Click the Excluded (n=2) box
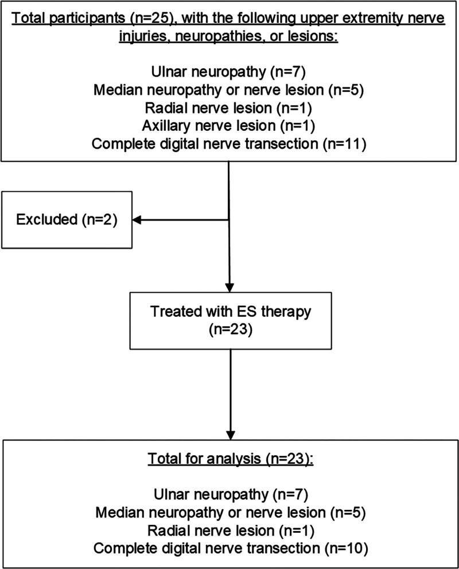pyautogui.click(x=67, y=219)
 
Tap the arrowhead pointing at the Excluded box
pyautogui.click(x=138, y=219)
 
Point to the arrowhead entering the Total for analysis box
pyautogui.click(x=229, y=433)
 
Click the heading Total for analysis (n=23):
pyautogui.click(x=229, y=461)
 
